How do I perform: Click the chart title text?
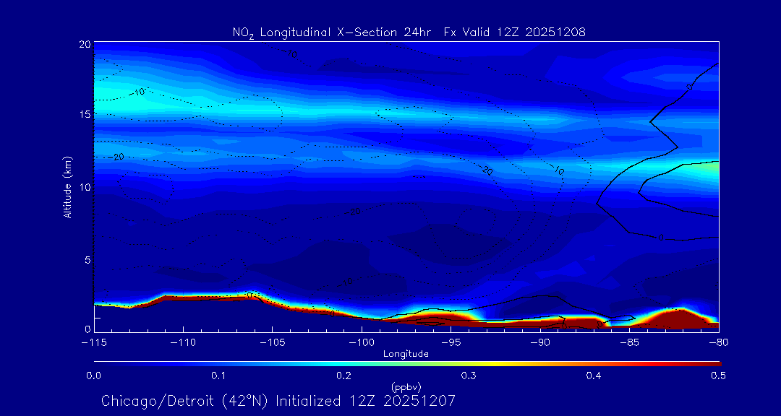pyautogui.click(x=409, y=32)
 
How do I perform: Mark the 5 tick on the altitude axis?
pyautogui.click(x=86, y=259)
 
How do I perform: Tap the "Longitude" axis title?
pyautogui.click(x=406, y=354)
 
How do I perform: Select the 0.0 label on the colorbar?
pyautogui.click(x=93, y=376)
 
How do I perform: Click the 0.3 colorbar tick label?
pyautogui.click(x=469, y=376)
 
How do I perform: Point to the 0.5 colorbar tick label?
pyautogui.click(x=718, y=376)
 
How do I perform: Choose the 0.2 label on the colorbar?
pyautogui.click(x=343, y=376)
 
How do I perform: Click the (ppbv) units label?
pyautogui.click(x=406, y=387)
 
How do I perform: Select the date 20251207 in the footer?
pyautogui.click(x=422, y=401)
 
